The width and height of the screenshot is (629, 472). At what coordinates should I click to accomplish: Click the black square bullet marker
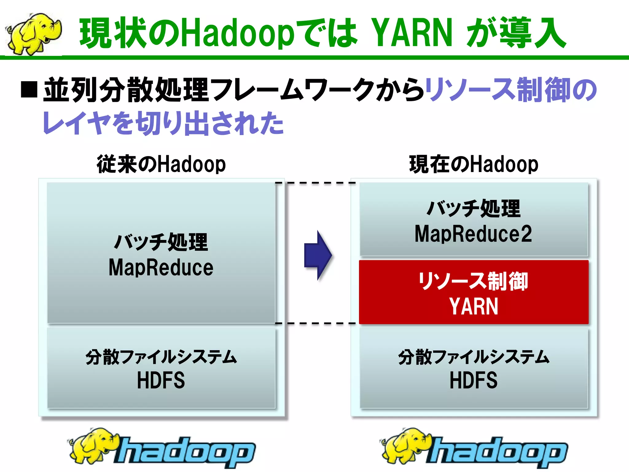click(29, 89)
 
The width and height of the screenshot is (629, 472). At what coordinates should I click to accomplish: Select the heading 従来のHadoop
click(161, 164)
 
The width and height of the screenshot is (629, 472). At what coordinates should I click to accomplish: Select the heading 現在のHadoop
click(474, 164)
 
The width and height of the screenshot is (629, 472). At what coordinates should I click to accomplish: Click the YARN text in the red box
click(474, 306)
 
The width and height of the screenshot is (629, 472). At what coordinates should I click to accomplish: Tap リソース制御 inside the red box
click(473, 281)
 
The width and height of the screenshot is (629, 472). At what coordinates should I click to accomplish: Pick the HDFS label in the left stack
click(161, 380)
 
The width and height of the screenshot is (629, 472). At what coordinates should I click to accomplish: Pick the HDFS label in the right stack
click(473, 380)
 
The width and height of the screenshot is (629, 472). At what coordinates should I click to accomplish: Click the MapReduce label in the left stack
click(161, 267)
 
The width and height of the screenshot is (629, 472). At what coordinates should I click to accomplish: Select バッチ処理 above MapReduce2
click(473, 208)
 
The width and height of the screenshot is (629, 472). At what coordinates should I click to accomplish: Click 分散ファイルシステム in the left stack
click(161, 357)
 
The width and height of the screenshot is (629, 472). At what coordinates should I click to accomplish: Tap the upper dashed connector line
click(316, 183)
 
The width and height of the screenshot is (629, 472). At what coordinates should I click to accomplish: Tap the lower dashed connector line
click(316, 323)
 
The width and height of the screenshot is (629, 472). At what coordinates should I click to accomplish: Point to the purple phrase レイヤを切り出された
click(163, 123)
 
